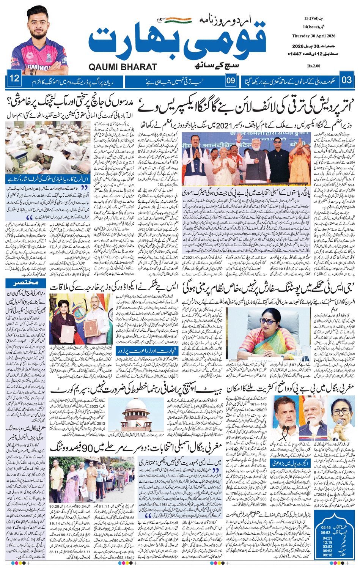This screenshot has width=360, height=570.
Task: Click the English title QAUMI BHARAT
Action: click(123, 67)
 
